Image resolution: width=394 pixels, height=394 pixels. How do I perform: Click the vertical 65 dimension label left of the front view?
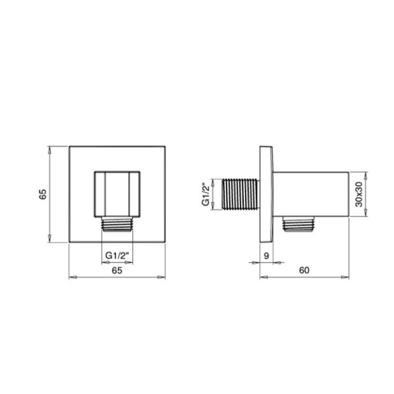pyautogui.click(x=42, y=194)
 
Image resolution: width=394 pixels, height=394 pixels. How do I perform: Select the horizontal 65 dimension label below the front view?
pyautogui.click(x=117, y=270)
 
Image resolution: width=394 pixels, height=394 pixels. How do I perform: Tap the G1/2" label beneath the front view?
pyautogui.click(x=117, y=256)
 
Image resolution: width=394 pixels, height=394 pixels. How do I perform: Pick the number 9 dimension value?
pyautogui.click(x=266, y=256)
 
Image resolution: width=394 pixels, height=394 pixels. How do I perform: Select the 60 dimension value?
pyautogui.click(x=304, y=270)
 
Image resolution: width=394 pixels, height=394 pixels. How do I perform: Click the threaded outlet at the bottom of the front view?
pyautogui.click(x=117, y=223)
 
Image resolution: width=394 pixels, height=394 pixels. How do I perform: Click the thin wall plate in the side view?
pyautogui.click(x=266, y=194)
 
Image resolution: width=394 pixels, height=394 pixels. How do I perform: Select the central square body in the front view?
pyautogui.click(x=117, y=193)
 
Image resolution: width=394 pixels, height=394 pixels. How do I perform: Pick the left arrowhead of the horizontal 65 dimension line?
pyautogui.click(x=71, y=277)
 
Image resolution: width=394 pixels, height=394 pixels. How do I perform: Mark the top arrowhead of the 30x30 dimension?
pyautogui.click(x=366, y=175)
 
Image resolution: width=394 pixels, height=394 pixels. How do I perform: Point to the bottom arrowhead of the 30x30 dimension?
pyautogui.click(x=366, y=213)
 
